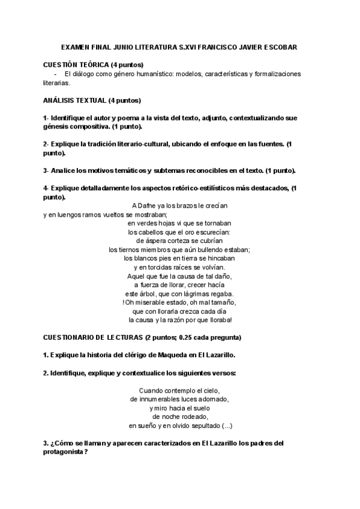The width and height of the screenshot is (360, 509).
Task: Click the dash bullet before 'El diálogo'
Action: [56, 74]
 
